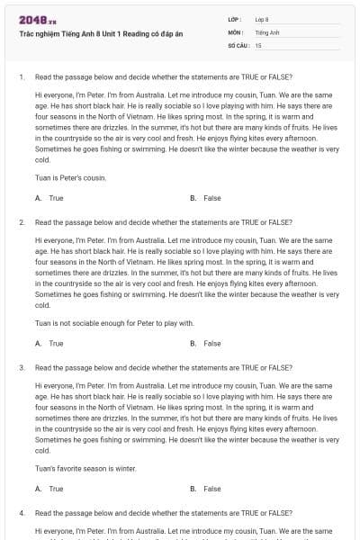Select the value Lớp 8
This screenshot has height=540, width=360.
click(x=262, y=19)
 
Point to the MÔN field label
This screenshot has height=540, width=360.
click(x=235, y=31)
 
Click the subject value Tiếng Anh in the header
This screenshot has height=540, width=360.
click(x=267, y=31)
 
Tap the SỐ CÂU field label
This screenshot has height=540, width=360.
click(x=238, y=44)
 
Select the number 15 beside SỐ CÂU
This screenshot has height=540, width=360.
click(x=258, y=44)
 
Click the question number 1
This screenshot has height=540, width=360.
click(x=21, y=76)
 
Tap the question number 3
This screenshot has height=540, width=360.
click(x=21, y=367)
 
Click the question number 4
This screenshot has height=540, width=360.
click(x=21, y=512)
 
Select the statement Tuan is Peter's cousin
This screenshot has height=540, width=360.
click(x=70, y=177)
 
